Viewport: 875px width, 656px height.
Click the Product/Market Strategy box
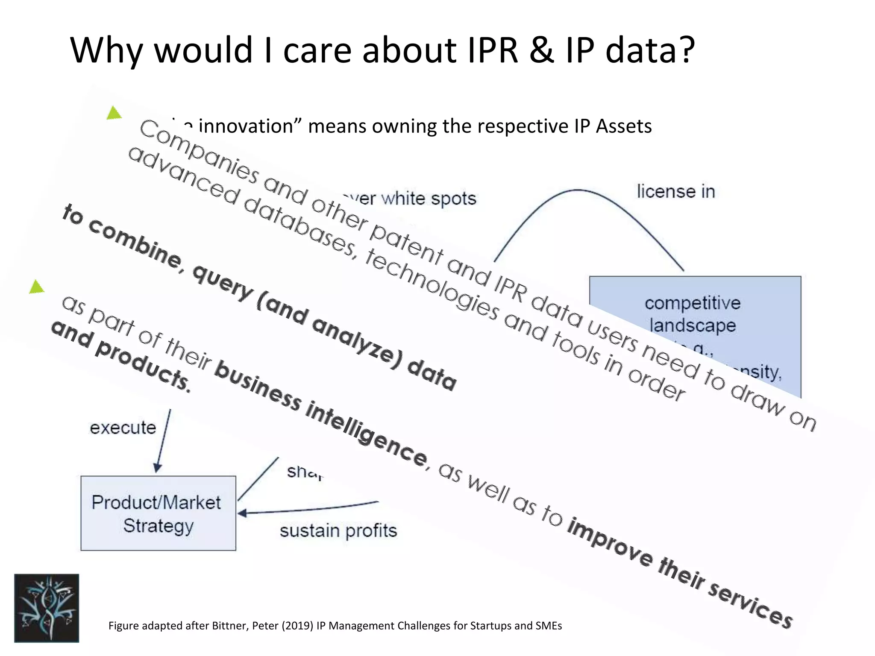158,513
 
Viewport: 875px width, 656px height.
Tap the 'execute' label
123,428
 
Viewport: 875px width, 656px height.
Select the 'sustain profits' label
338,531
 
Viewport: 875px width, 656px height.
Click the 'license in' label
676,192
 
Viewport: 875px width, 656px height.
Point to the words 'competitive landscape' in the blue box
693,314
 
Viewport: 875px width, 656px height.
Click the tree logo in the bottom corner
47,608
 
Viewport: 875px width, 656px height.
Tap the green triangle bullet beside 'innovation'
114,113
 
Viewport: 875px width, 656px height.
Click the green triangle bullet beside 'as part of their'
38,287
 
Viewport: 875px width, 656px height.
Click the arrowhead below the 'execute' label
157,468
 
